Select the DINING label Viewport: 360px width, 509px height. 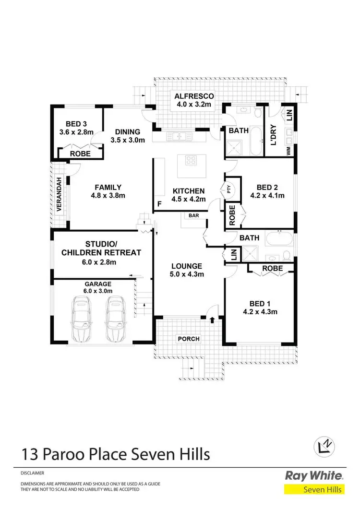click(x=127, y=132)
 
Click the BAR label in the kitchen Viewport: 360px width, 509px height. click(x=194, y=216)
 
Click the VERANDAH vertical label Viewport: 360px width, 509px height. click(x=59, y=195)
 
